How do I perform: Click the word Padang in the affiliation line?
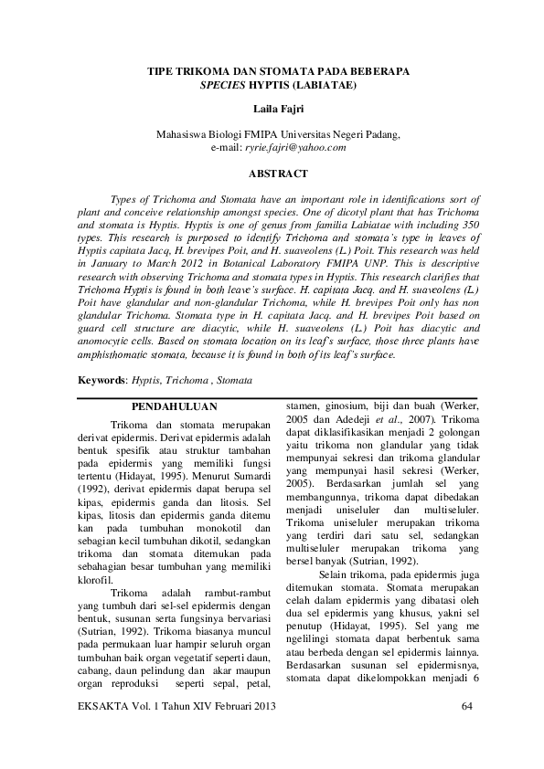[x=379, y=133]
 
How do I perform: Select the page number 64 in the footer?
[x=467, y=708]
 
